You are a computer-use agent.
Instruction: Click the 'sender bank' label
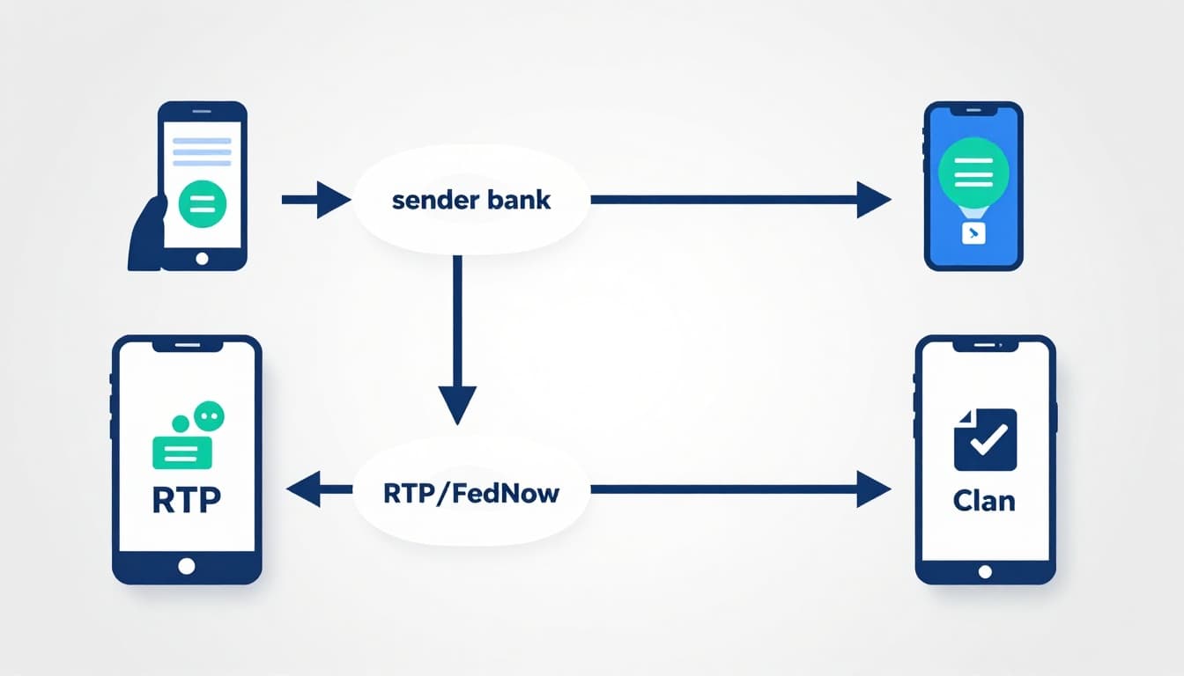[x=470, y=200]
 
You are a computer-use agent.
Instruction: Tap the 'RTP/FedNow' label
[x=470, y=492]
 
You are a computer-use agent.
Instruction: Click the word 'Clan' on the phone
[x=984, y=500]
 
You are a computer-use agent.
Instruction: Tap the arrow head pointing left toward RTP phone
[x=304, y=489]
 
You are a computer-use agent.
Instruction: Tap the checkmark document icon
[x=985, y=439]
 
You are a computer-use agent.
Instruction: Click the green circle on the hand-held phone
[x=203, y=205]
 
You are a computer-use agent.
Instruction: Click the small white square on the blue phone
[x=973, y=233]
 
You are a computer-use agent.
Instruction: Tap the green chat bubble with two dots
[x=208, y=415]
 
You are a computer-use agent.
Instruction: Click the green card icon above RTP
[x=181, y=450]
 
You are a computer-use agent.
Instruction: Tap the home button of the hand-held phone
[x=203, y=259]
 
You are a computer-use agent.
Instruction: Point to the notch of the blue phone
[x=973, y=112]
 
